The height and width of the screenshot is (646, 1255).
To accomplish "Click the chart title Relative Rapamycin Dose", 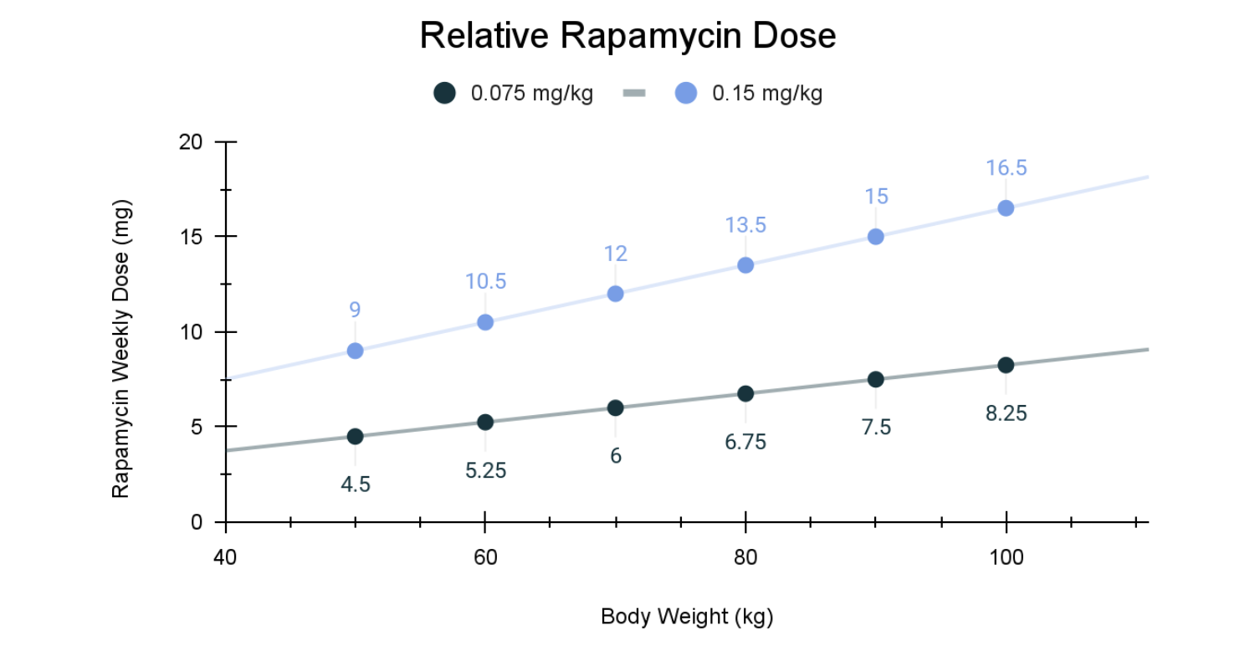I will (x=627, y=36).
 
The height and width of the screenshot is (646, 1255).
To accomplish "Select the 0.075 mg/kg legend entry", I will (x=514, y=93).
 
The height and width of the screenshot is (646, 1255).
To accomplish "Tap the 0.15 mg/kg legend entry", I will (x=749, y=93).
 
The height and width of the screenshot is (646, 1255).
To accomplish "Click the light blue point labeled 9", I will (x=355, y=351).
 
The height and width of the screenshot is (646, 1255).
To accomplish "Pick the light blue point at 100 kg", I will (x=1006, y=208).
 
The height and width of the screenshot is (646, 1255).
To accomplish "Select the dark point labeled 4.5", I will (x=355, y=436).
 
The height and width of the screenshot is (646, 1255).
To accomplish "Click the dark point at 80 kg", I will (x=745, y=393).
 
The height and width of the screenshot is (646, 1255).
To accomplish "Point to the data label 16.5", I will (x=1006, y=168).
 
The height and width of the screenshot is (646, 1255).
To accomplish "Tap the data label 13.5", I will (x=745, y=225).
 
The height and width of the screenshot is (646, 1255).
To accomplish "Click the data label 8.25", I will (x=1006, y=413).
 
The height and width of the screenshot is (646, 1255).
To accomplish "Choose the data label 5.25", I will (x=485, y=470).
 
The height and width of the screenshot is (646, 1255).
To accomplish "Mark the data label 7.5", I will (x=876, y=428).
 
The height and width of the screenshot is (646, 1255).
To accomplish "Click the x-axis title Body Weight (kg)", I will (x=687, y=618).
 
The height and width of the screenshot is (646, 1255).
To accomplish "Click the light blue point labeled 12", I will (x=615, y=294).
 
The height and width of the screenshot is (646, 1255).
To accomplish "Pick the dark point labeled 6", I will (x=615, y=408).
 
